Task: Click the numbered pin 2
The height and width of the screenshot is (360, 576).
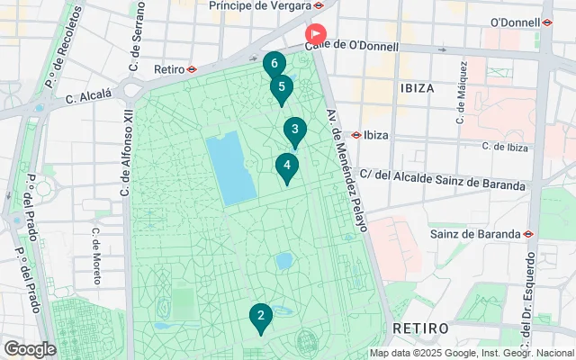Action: point(260,317)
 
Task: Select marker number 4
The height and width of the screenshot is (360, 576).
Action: point(286,166)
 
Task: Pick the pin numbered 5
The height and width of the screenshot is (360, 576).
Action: point(282,88)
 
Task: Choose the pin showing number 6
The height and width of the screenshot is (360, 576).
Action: point(274,65)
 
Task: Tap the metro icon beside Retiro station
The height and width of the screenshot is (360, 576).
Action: point(193,68)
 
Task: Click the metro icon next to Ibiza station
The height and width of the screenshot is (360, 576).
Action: point(356,135)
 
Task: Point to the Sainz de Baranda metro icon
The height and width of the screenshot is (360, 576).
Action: point(528,234)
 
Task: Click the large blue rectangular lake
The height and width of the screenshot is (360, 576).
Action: point(231,168)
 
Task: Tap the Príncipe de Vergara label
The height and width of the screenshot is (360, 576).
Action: point(258,5)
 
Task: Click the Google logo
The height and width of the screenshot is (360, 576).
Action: point(30,349)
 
